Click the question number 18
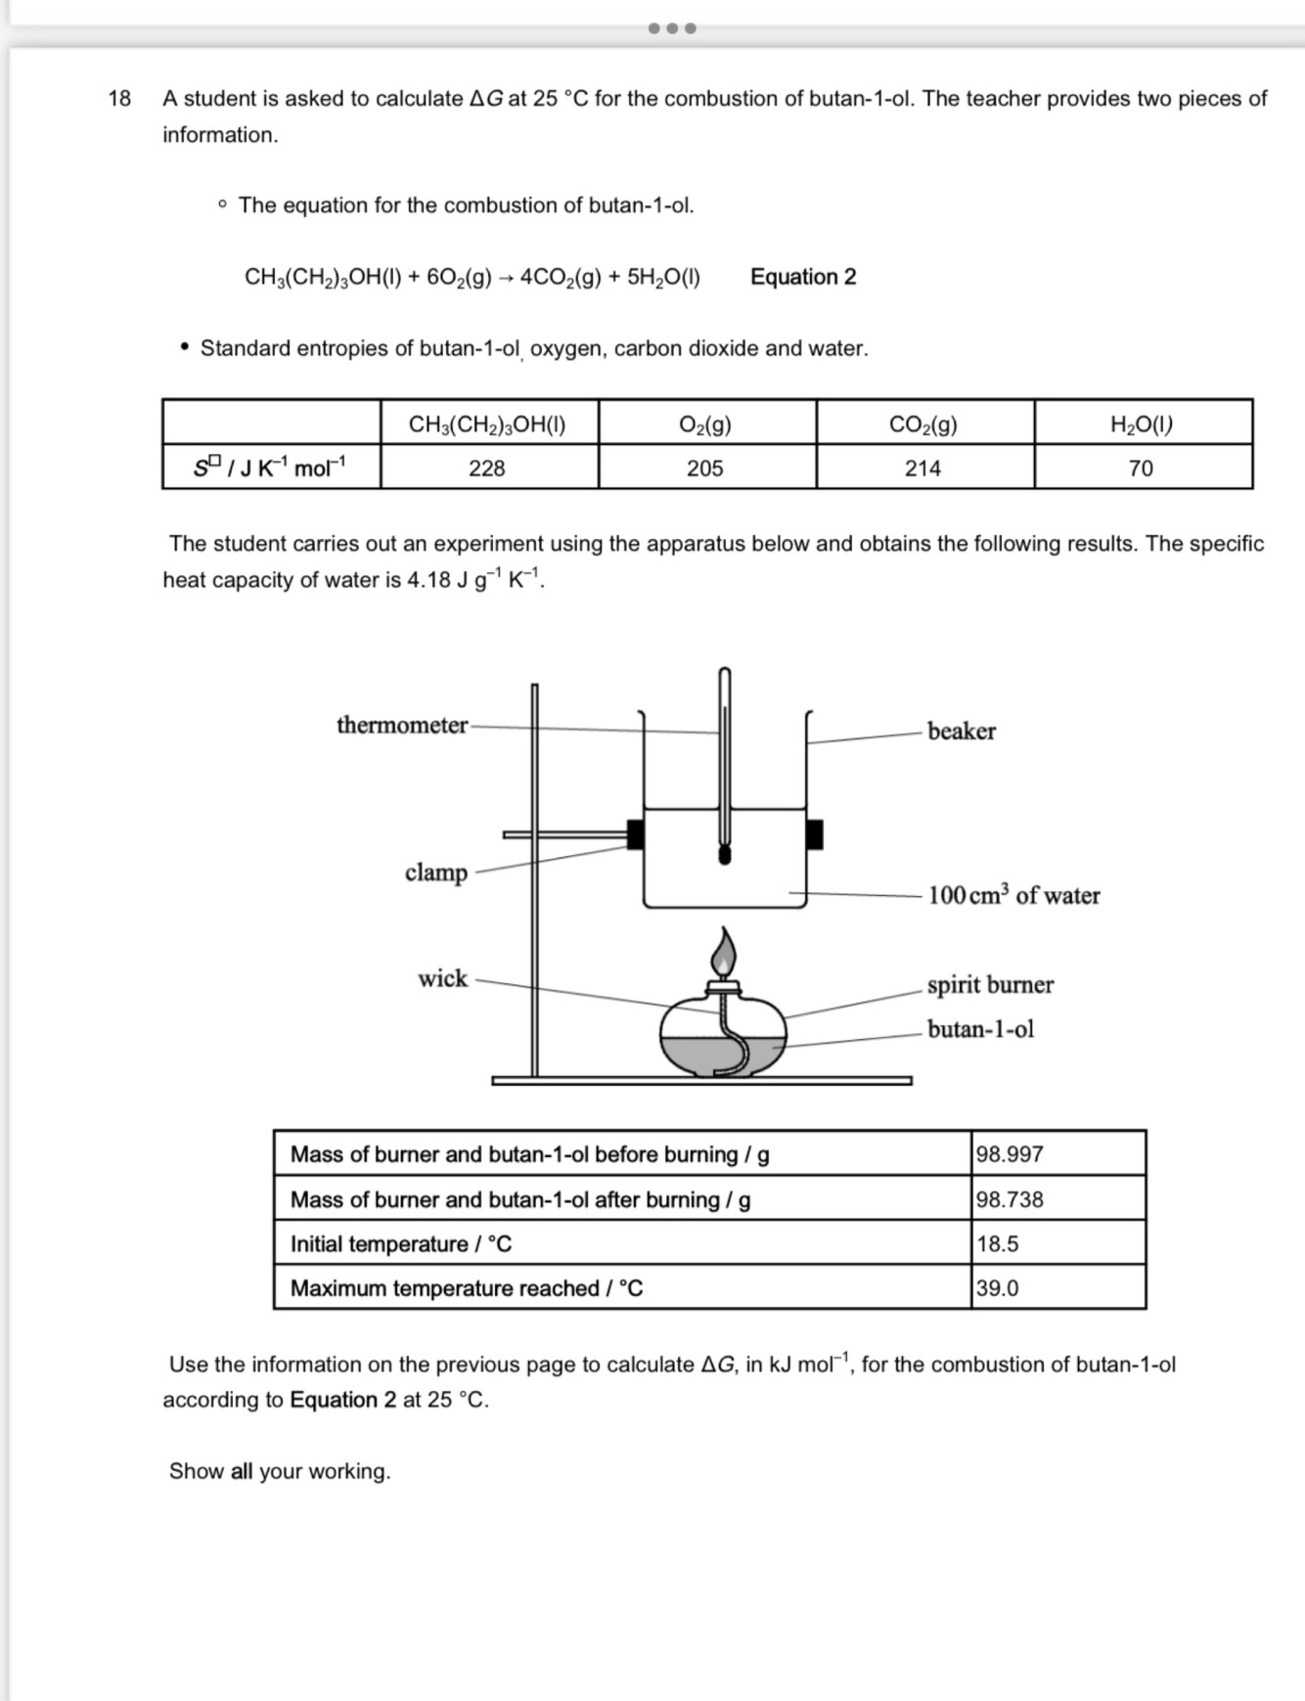(x=119, y=99)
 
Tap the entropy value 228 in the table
(x=487, y=469)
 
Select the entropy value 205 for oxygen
(x=704, y=469)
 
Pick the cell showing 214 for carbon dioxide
(x=922, y=469)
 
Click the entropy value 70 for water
(x=1141, y=469)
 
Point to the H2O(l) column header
(x=1142, y=425)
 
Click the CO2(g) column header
(x=922, y=425)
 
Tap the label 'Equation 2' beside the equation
(x=803, y=277)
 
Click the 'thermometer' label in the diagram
(x=402, y=725)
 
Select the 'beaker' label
(x=961, y=732)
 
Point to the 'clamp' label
(x=436, y=872)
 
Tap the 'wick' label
(x=442, y=978)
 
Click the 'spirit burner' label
(x=990, y=984)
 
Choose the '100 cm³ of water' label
(x=1013, y=895)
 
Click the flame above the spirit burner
(x=723, y=951)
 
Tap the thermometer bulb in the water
(x=725, y=855)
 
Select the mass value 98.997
(x=1010, y=1154)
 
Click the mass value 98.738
(x=1010, y=1199)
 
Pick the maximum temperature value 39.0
(x=997, y=1288)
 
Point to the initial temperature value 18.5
(x=997, y=1244)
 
